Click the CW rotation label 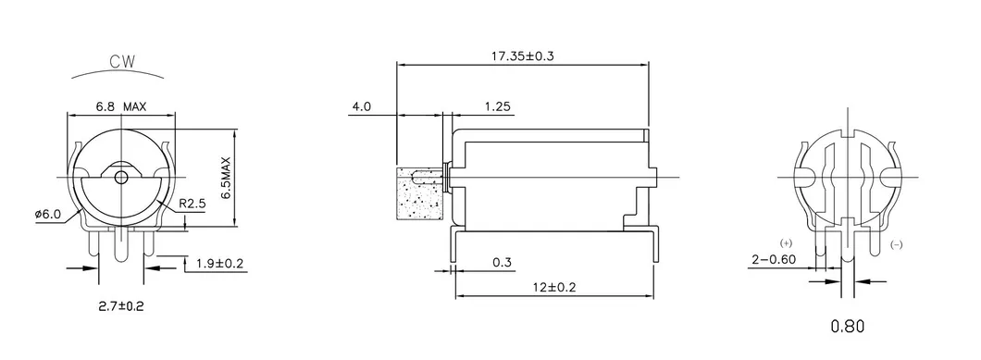[121, 64]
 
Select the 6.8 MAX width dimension [120, 106]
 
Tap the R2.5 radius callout [192, 203]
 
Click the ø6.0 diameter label [47, 214]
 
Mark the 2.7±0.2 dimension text [120, 304]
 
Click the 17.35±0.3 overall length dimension [523, 56]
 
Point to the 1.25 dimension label [498, 106]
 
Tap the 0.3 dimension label [503, 263]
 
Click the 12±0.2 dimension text [553, 288]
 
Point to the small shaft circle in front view [119, 177]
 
